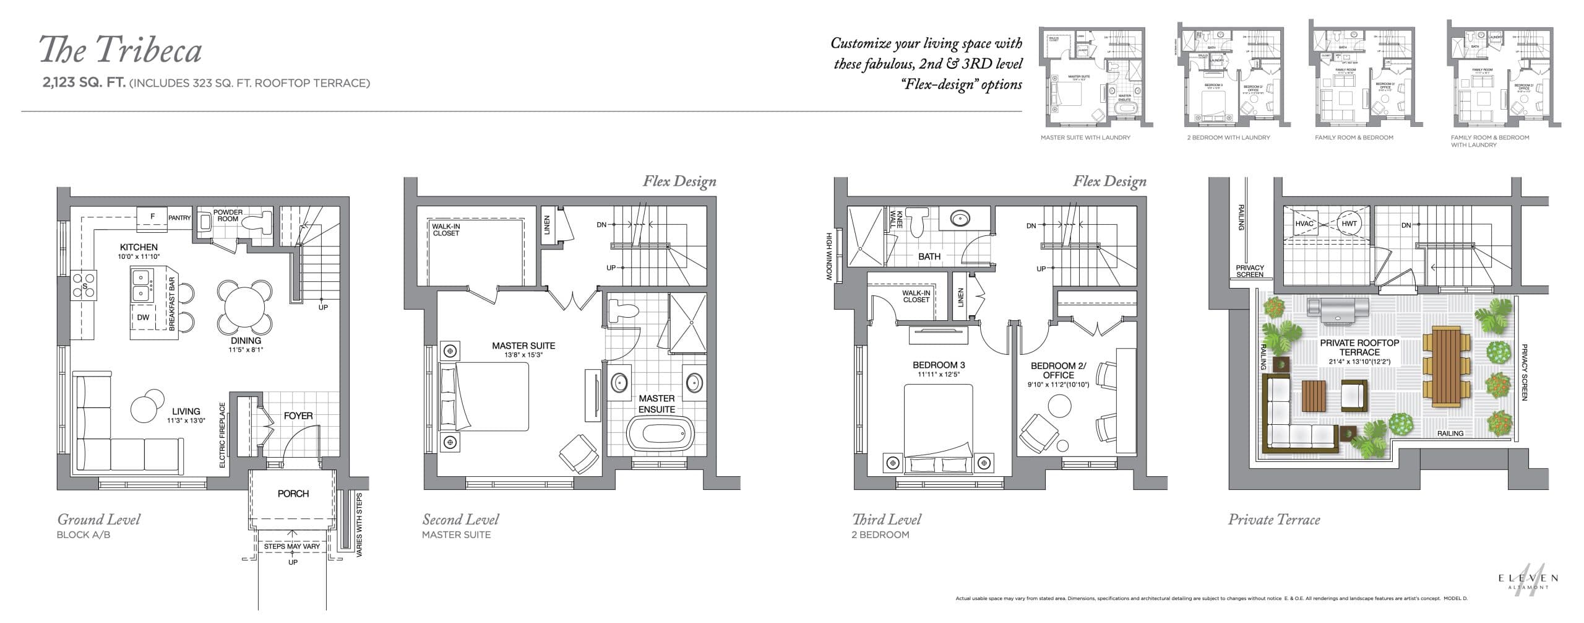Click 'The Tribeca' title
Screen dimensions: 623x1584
click(121, 50)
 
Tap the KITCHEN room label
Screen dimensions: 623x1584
click(139, 247)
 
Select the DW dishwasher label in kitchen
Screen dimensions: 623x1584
click(143, 318)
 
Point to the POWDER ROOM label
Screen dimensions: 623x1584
click(228, 216)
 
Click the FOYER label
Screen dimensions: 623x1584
click(298, 416)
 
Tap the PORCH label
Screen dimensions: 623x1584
click(293, 494)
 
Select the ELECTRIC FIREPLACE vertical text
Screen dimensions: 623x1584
click(223, 435)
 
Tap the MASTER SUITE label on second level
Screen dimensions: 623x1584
click(523, 346)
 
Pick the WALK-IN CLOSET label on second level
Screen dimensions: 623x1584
click(445, 230)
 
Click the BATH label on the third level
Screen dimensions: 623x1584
click(929, 256)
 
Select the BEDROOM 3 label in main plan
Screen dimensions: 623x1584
click(939, 365)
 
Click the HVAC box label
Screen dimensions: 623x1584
click(1304, 224)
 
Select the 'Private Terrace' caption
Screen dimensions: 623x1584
click(1273, 520)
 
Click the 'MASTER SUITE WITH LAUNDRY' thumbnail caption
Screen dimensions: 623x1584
click(1085, 137)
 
